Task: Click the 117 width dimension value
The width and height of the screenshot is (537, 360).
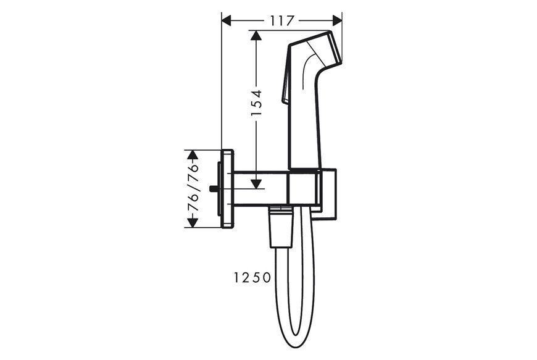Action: (x=282, y=21)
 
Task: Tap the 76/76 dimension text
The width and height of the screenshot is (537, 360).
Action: (x=193, y=189)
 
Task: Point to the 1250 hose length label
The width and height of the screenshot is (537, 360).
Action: (x=252, y=277)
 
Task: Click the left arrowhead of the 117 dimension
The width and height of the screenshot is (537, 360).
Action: (x=227, y=21)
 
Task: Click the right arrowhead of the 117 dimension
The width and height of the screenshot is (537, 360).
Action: (x=337, y=21)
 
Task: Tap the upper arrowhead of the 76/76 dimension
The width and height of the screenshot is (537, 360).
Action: (x=193, y=155)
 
